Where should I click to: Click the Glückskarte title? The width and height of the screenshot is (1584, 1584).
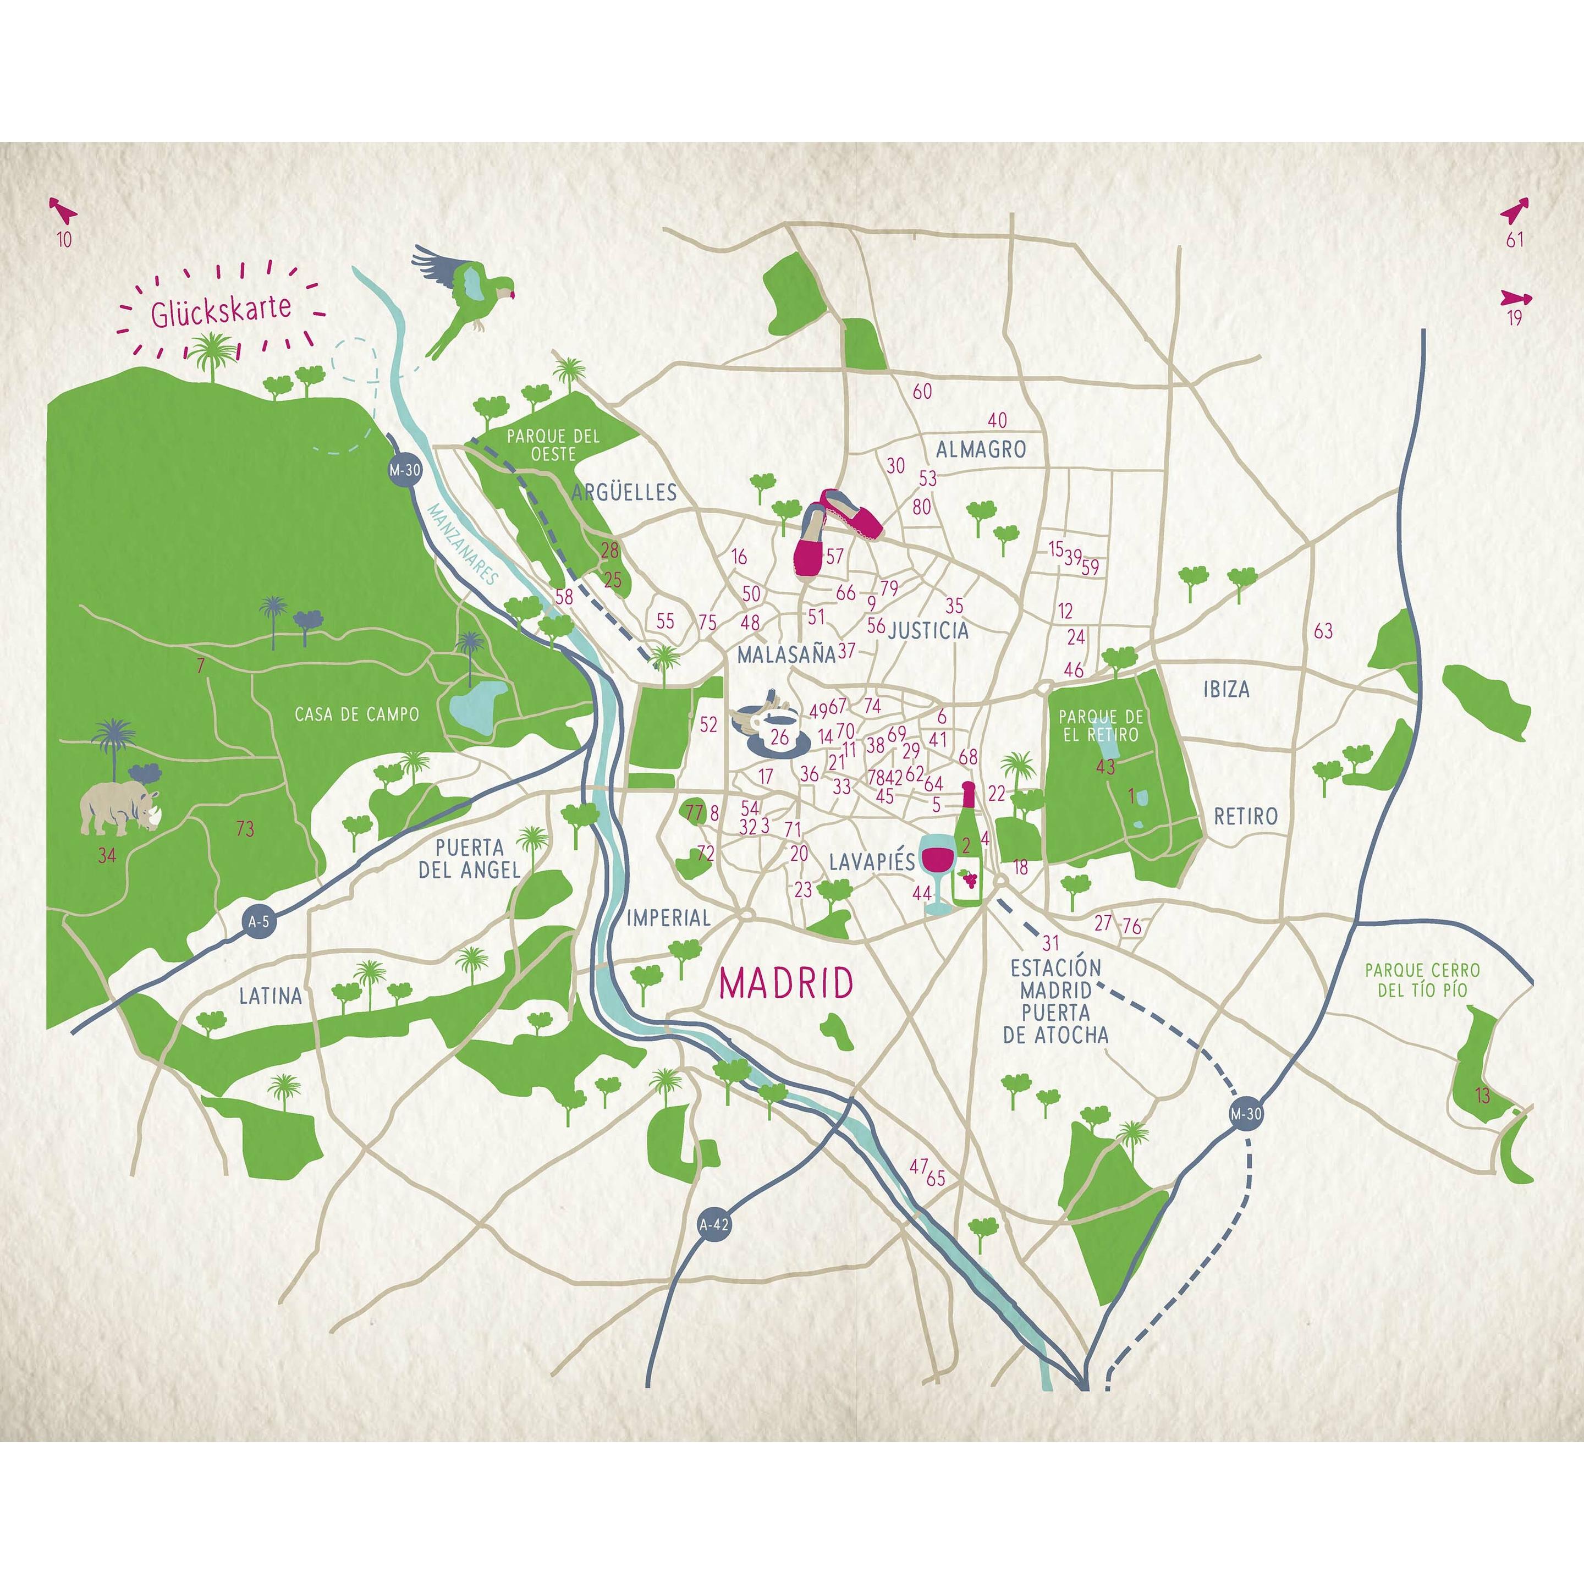coord(221,310)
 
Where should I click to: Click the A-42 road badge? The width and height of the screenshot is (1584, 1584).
coord(713,1225)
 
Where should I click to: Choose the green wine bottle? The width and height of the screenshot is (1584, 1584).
coord(967,849)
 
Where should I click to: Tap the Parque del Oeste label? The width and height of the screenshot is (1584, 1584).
coord(553,445)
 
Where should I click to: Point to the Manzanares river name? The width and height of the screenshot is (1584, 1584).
coord(463,544)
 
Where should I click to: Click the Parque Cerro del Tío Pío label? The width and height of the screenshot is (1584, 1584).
coord(1422,980)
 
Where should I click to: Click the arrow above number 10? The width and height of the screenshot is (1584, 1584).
coord(62,211)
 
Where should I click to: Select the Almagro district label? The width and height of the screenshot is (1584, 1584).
coord(981,449)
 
